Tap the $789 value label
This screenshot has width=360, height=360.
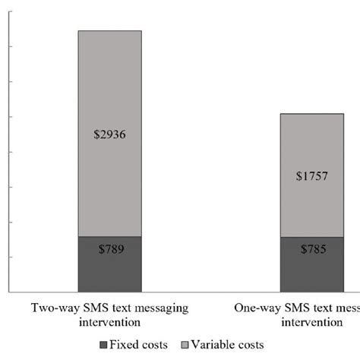(110, 248)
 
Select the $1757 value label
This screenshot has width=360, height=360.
(311, 176)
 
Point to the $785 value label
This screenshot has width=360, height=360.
(311, 248)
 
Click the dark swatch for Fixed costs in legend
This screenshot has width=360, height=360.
(104, 345)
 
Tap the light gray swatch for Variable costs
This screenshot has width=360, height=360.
(185, 345)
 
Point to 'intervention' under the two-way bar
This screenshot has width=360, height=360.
(109, 322)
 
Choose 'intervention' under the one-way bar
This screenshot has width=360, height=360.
(311, 322)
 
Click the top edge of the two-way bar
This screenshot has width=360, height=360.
(110, 31)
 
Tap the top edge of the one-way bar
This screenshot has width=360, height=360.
(311, 114)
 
